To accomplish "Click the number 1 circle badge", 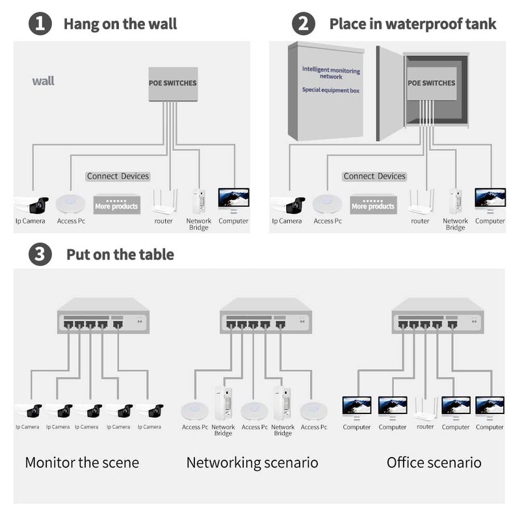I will click(40, 24).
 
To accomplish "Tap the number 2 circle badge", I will click(304, 24).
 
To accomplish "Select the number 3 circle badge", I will click(40, 254).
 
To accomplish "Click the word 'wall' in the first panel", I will click(44, 81).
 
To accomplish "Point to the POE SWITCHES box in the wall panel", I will click(172, 83).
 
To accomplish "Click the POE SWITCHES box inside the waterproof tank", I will click(431, 83).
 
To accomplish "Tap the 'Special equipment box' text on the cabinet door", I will click(331, 90).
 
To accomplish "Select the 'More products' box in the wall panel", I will click(116, 204).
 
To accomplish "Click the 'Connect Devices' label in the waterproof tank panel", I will click(374, 176).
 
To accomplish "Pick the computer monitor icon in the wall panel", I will click(233, 200).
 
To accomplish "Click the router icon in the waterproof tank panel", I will click(420, 202).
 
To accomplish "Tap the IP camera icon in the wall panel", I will click(32, 204).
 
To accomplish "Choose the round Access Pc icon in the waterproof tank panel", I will click(328, 203).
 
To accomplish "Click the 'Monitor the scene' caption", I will click(82, 463).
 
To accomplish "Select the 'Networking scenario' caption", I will click(252, 463).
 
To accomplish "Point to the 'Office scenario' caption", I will click(434, 463).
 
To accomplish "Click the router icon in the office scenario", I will click(425, 408).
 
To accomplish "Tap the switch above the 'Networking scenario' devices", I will click(265, 316).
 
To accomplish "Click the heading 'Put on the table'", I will click(120, 254).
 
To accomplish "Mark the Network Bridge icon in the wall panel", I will click(199, 201).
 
